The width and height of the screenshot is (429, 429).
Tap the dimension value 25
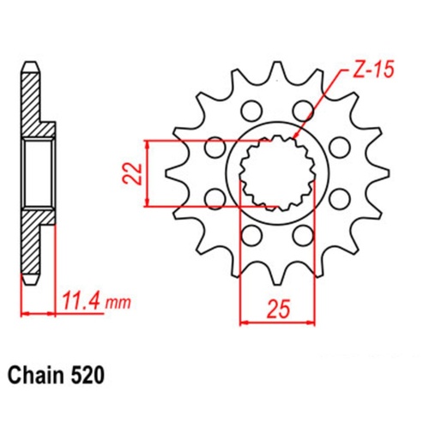coord(275,306)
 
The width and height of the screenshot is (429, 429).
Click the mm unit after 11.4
coord(120,303)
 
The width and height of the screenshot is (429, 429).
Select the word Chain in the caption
coord(39,375)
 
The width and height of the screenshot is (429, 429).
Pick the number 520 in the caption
coord(89,375)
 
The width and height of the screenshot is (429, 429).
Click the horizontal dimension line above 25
coord(275,323)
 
